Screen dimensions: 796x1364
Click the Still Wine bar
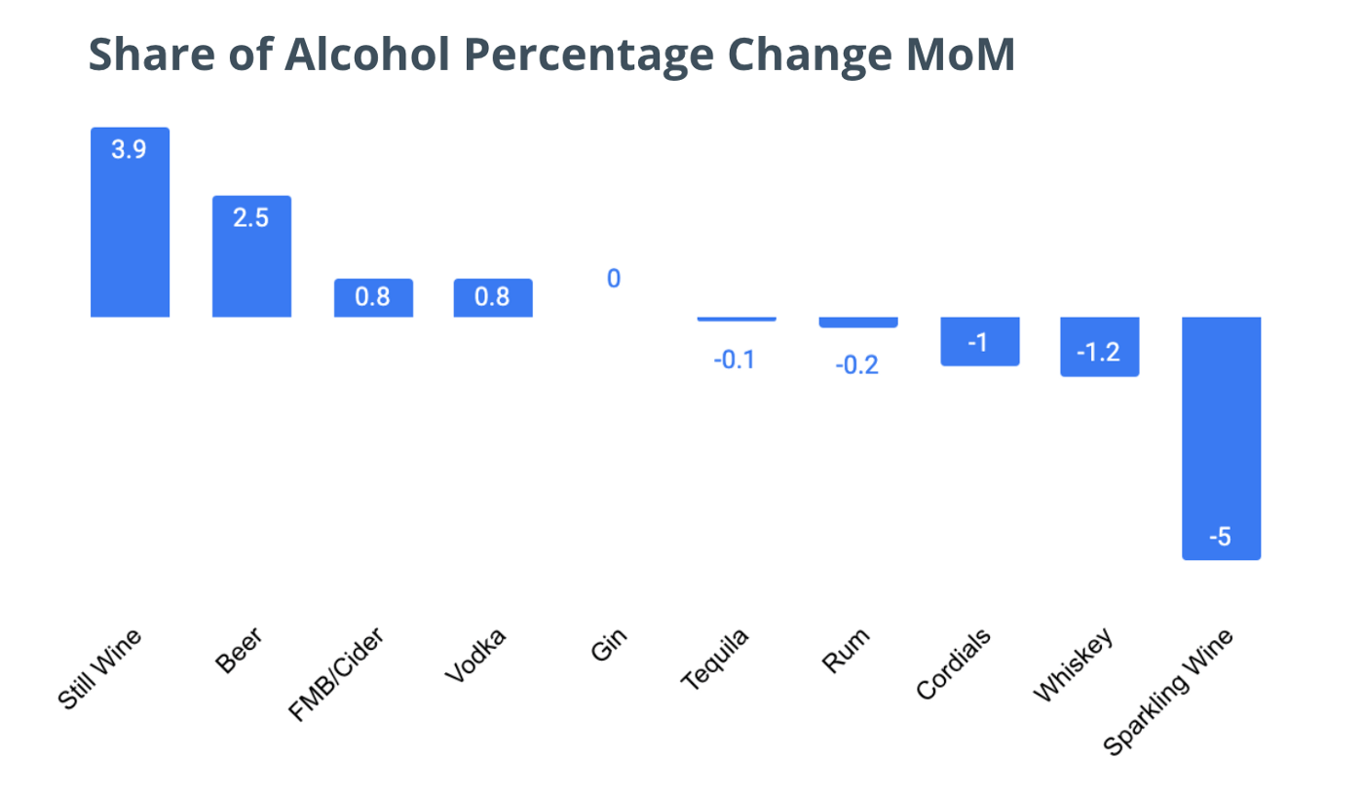(x=130, y=234)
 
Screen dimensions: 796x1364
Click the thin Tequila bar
(x=737, y=319)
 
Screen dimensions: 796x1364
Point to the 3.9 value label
(x=129, y=151)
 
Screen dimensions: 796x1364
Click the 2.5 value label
(x=250, y=217)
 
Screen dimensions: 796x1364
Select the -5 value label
(x=1221, y=537)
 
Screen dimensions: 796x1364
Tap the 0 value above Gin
(x=614, y=280)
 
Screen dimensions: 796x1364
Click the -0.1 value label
(x=735, y=360)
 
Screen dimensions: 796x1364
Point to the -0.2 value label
(x=856, y=365)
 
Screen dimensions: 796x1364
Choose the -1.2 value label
(x=1099, y=353)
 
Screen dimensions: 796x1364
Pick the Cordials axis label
(x=954, y=663)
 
